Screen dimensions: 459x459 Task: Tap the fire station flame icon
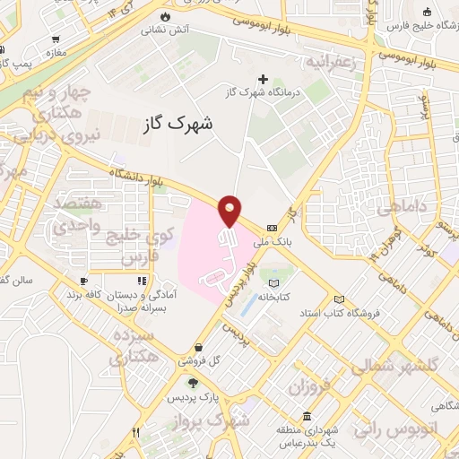(x=164, y=17)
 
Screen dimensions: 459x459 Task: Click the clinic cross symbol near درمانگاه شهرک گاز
(x=263, y=79)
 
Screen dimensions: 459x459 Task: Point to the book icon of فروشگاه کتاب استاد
(x=339, y=299)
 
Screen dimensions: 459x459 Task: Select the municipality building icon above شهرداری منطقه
(x=307, y=417)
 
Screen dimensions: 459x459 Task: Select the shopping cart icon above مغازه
(x=56, y=39)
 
